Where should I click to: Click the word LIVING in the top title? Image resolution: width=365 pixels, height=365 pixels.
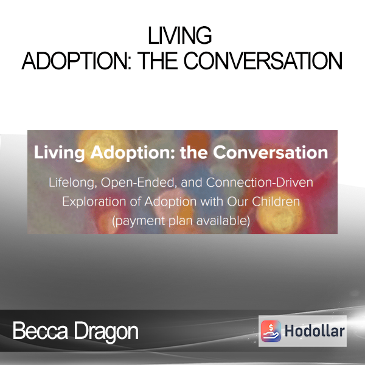[179, 35]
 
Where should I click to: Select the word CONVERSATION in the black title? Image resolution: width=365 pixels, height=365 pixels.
[263, 61]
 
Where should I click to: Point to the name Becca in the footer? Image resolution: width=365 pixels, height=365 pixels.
[40, 330]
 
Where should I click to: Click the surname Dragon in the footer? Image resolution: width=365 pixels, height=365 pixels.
[106, 332]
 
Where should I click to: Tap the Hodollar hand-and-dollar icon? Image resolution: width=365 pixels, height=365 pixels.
[271, 331]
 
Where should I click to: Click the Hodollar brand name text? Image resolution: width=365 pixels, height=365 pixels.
[315, 331]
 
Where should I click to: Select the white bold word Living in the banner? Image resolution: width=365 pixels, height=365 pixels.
[60, 153]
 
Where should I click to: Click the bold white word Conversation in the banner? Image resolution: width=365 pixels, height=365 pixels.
[271, 153]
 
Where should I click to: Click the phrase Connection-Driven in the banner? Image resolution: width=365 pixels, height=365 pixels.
[259, 182]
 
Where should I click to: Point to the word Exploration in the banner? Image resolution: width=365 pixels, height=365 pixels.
[94, 202]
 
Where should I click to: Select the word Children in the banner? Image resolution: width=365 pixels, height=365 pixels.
[276, 201]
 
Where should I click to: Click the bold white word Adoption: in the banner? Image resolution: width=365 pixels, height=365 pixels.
[133, 153]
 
